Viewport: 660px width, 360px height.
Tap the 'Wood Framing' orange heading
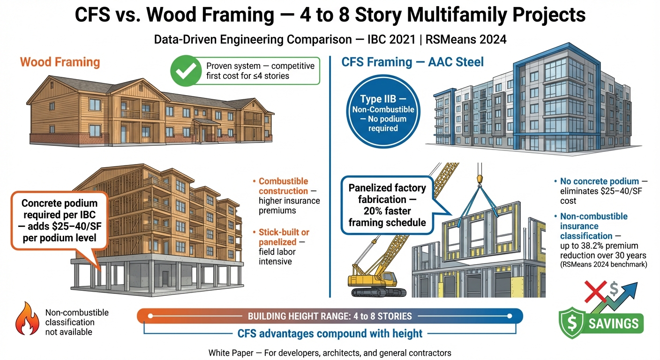[60, 62]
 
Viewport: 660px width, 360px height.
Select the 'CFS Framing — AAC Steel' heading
[413, 62]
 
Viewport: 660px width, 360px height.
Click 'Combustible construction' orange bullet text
[283, 186]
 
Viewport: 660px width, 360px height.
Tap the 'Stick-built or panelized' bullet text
[284, 237]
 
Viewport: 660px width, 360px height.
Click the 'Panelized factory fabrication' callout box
[387, 205]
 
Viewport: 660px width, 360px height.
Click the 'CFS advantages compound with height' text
[330, 334]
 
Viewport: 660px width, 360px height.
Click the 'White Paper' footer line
[330, 352]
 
